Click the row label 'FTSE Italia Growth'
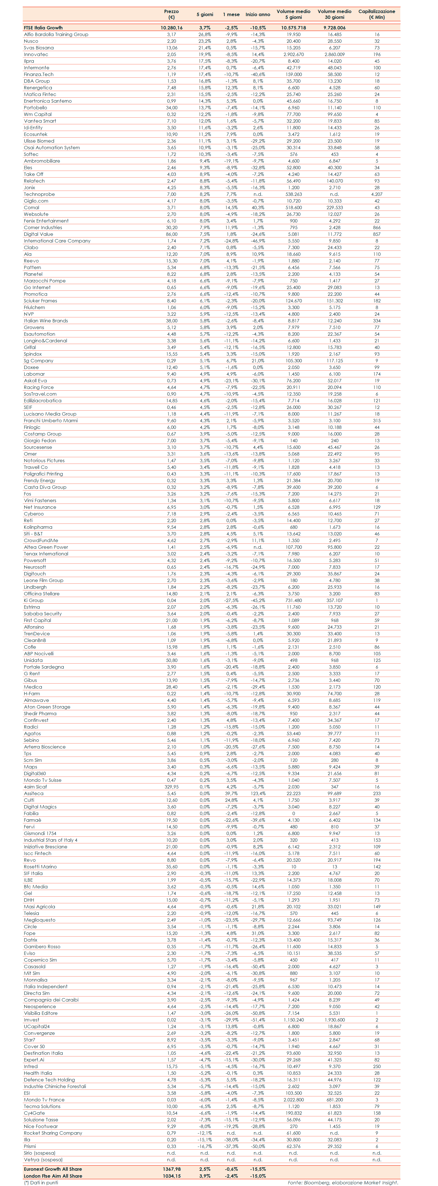(x=43, y=28)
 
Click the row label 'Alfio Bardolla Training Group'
(x=56, y=34)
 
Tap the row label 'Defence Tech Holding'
(x=49, y=1080)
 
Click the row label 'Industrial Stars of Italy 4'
(x=51, y=840)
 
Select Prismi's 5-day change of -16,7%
(x=205, y=1146)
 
